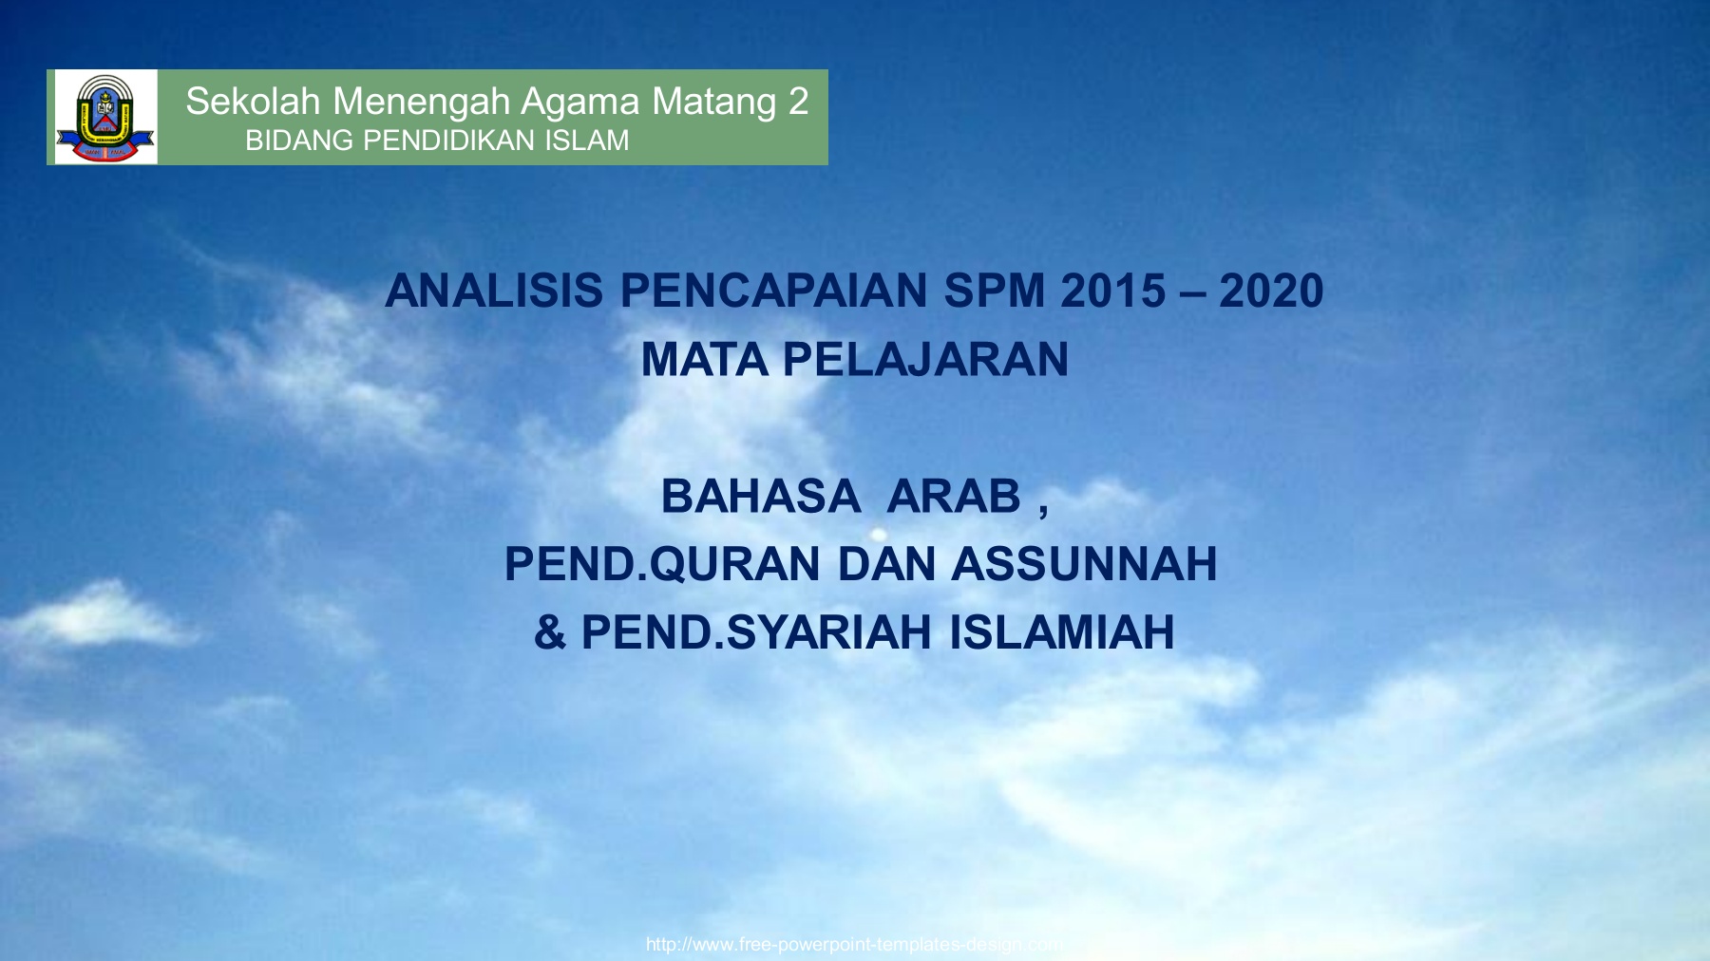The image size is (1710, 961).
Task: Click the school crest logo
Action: (105, 118)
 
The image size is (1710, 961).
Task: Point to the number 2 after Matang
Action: (798, 102)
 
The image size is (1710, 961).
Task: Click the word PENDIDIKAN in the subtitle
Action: (446, 141)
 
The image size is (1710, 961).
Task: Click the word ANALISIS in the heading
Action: (494, 291)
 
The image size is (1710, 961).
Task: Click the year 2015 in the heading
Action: (1112, 291)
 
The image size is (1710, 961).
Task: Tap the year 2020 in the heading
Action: (1271, 291)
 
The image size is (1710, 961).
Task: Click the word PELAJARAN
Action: (925, 360)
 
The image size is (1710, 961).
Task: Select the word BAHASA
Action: (760, 496)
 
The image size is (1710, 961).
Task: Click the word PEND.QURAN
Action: (661, 564)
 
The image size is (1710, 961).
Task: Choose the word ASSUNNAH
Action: (1084, 564)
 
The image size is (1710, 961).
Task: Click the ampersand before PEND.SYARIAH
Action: (549, 632)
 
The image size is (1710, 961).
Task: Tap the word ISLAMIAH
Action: (1062, 632)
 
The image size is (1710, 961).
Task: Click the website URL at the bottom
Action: (854, 944)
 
